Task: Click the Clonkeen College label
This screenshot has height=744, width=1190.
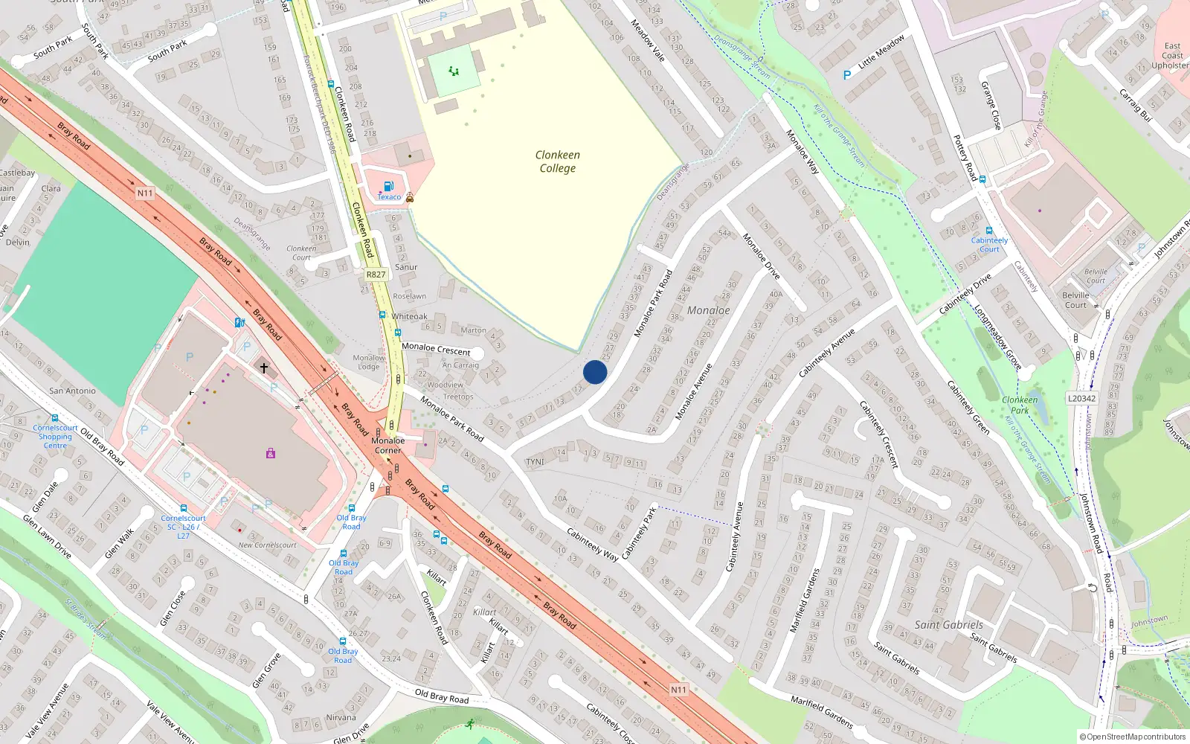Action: pos(557,161)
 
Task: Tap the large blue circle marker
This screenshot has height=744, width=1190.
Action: pos(595,372)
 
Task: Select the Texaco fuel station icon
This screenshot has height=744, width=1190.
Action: pos(387,187)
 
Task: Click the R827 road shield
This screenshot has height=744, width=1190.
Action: pos(376,275)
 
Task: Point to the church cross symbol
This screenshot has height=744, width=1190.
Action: pos(263,368)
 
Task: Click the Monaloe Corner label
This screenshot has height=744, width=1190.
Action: pos(387,445)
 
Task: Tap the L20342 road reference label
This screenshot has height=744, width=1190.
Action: pos(1081,399)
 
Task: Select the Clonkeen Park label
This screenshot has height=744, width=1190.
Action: pos(1020,405)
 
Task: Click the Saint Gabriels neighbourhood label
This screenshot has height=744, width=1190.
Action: pos(948,625)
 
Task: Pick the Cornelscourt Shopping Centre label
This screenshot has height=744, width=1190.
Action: pos(55,437)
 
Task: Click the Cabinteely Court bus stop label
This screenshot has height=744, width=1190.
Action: pos(989,245)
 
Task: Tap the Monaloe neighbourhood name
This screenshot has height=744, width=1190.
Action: pos(708,310)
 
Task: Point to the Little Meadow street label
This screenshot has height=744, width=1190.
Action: pos(881,52)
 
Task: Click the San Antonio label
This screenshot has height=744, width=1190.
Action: pos(72,391)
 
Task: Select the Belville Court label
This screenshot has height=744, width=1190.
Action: pos(1075,300)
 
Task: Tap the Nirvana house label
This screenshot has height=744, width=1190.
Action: pos(341,718)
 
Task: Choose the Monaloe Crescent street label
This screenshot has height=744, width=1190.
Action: pos(436,348)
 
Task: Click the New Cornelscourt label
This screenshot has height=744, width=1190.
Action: pos(267,545)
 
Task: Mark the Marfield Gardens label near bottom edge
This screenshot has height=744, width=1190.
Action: pos(821,712)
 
